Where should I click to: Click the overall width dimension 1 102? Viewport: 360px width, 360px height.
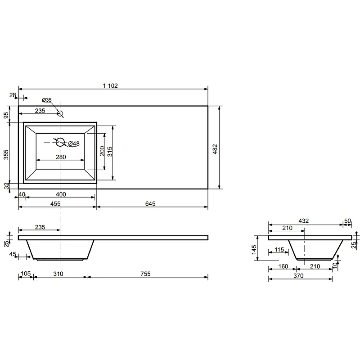pyautogui.click(x=110, y=85)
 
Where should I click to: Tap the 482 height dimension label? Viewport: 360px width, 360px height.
pyautogui.click(x=215, y=149)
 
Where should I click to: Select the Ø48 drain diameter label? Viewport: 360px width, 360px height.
pyautogui.click(x=74, y=144)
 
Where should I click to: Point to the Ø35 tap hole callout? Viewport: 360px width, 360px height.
pyautogui.click(x=47, y=100)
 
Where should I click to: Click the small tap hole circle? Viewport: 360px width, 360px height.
pyautogui.click(x=60, y=113)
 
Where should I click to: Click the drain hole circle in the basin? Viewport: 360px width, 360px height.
pyautogui.click(x=60, y=142)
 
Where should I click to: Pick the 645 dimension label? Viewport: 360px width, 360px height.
pyautogui.click(x=150, y=204)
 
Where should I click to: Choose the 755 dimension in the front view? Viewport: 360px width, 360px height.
pyautogui.click(x=145, y=274)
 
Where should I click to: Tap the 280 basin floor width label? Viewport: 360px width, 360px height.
pyautogui.click(x=61, y=157)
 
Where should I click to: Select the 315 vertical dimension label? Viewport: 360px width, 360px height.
pyautogui.click(x=110, y=152)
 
